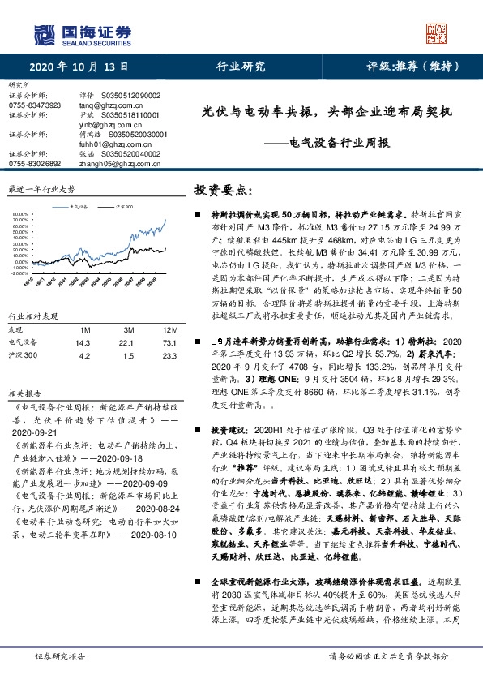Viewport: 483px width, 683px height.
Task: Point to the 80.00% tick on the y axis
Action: (20, 215)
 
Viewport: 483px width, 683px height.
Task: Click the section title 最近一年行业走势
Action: (42, 188)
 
